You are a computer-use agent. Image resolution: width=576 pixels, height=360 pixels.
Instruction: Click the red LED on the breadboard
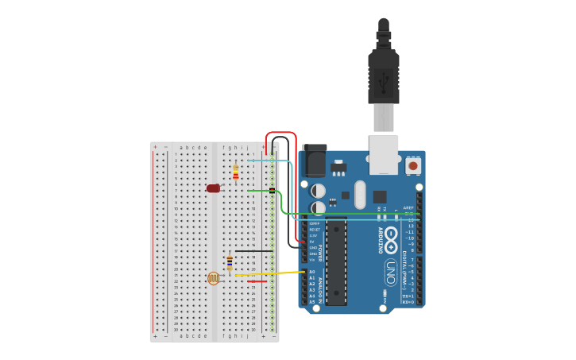(213, 188)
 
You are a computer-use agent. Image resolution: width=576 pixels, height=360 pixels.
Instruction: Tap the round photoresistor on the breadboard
(213, 278)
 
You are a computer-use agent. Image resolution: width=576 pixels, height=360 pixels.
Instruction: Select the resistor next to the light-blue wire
(235, 172)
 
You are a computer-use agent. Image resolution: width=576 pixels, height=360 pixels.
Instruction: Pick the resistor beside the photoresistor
(230, 263)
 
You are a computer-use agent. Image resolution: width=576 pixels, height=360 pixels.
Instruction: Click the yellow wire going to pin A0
(270, 273)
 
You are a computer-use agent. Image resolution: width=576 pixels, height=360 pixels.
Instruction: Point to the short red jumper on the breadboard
(257, 281)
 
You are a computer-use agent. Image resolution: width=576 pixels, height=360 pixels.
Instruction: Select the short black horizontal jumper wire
(254, 251)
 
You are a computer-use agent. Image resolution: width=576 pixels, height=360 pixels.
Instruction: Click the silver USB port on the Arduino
(384, 154)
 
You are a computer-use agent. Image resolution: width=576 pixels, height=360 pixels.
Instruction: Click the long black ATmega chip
(336, 262)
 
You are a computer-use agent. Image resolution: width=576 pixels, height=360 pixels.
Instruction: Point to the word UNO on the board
(391, 273)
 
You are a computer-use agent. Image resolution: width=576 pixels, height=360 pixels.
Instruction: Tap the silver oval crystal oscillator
(360, 195)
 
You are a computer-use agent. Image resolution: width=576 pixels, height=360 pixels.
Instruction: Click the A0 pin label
(312, 272)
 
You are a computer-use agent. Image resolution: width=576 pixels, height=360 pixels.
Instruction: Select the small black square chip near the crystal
(380, 196)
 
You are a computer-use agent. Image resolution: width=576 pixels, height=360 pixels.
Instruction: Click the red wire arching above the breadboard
(281, 134)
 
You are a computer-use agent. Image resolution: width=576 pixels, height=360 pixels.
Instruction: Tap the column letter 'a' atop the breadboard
(181, 147)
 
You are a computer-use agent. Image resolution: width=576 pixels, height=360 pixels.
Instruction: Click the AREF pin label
(409, 207)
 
